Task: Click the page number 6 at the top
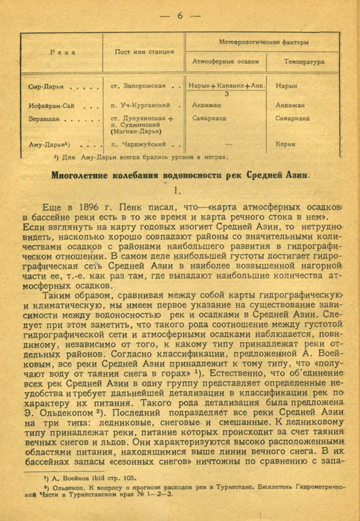click(180, 16)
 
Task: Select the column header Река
click(61, 52)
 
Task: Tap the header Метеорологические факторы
click(263, 42)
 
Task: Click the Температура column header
click(304, 61)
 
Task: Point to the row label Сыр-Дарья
click(43, 86)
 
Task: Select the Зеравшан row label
click(44, 119)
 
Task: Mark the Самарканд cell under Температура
click(292, 119)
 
